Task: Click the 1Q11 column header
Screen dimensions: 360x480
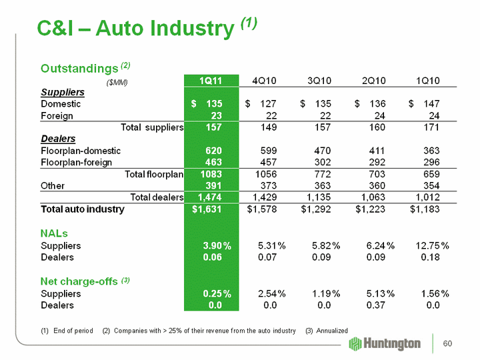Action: click(x=211, y=81)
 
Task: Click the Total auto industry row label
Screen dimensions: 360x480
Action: click(x=83, y=209)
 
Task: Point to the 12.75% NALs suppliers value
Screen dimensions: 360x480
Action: click(x=429, y=246)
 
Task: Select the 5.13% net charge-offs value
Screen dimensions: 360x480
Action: click(x=375, y=293)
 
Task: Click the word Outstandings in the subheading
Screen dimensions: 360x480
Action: click(x=79, y=69)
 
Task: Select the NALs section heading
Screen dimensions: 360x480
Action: click(x=55, y=233)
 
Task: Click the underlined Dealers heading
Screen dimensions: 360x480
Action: click(x=58, y=139)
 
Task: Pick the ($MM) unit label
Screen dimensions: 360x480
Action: click(x=117, y=83)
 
